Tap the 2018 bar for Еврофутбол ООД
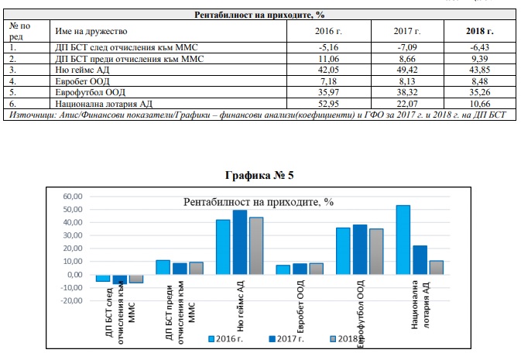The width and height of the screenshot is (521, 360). click(376, 251)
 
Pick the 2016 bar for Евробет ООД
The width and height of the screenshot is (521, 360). click(283, 269)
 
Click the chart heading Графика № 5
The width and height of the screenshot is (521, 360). click(259, 175)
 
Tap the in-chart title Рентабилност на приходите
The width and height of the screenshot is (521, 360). click(258, 202)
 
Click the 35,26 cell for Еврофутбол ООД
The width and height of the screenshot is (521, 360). click(480, 91)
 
